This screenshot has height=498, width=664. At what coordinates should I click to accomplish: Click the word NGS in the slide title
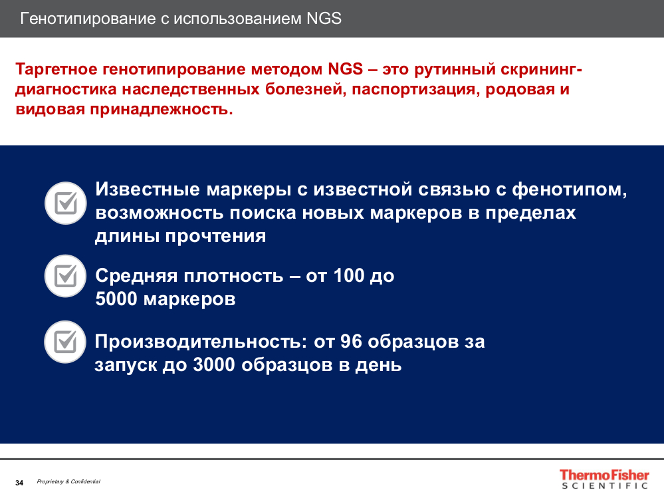(324, 19)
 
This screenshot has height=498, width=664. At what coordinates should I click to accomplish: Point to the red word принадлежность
(162, 110)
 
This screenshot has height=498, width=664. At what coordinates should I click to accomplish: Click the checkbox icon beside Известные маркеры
(66, 203)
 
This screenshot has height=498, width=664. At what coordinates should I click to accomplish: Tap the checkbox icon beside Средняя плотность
(66, 276)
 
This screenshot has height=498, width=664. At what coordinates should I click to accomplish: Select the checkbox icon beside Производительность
(65, 342)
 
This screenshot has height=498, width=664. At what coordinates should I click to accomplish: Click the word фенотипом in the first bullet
(570, 190)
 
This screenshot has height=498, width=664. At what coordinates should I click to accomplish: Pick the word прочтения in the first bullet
(215, 236)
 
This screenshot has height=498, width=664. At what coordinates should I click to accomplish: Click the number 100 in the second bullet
(349, 276)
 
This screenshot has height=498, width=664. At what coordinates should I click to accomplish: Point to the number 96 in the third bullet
(351, 342)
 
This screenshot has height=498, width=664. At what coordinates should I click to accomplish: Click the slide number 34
(19, 483)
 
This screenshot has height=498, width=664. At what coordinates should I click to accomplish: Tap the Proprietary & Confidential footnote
(68, 481)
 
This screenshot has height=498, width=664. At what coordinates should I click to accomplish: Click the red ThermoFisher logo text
(604, 475)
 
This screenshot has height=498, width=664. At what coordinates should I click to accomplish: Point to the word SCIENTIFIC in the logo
(605, 486)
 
